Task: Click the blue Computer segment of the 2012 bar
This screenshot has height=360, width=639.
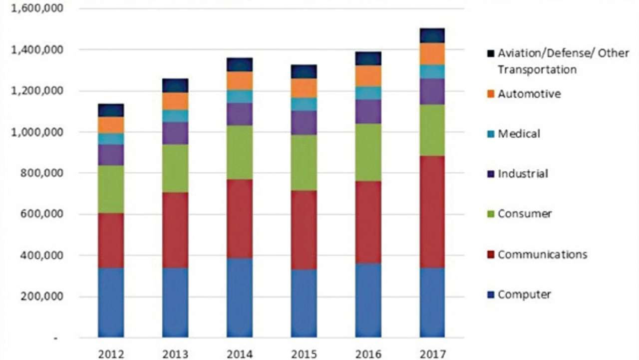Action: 111,302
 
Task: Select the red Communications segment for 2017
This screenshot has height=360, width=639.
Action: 432,212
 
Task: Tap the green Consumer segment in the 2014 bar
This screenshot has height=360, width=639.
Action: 240,152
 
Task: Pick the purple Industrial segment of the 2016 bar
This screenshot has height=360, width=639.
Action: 368,111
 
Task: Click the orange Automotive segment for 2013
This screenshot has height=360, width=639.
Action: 175,101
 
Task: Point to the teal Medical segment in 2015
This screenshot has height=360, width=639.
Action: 304,104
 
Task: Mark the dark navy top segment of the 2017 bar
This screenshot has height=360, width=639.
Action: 432,35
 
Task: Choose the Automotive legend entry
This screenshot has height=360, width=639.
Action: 529,93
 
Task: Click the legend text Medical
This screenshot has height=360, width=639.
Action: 519,133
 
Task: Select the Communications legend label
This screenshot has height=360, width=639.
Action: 542,254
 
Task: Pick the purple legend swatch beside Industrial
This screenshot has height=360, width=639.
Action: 490,174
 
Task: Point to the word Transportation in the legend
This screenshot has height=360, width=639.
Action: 537,69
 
